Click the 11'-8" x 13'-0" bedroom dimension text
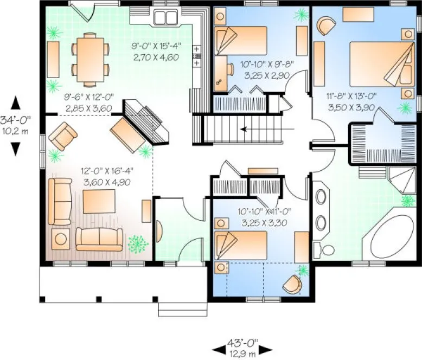coord(351,101)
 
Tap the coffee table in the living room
coord(98,203)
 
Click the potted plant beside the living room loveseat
coord(138,245)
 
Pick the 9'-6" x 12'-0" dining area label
coord(88,102)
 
